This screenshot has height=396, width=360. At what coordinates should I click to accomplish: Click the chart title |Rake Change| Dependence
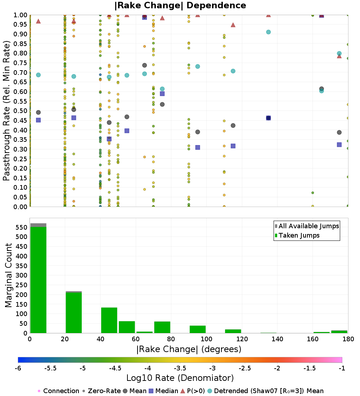coord(180,5)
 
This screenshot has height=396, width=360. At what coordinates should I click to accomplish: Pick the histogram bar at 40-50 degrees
coord(109,320)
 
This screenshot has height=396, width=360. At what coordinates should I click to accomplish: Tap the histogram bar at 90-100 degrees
coord(198,329)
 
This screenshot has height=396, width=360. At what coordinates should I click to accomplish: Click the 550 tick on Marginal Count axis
coord(22,228)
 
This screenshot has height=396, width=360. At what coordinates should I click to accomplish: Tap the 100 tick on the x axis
coord(206,339)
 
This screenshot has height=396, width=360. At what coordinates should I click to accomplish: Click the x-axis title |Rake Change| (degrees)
coord(189,349)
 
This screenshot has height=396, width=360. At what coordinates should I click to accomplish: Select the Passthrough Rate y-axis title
coord(7,111)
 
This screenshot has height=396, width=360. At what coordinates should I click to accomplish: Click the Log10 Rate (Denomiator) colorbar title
coord(180,378)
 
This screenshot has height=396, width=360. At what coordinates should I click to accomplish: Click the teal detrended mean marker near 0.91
coord(268,32)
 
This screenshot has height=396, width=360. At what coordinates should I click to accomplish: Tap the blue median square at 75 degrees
coord(162,94)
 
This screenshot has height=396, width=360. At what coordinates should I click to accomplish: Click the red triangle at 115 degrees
coord(233,25)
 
